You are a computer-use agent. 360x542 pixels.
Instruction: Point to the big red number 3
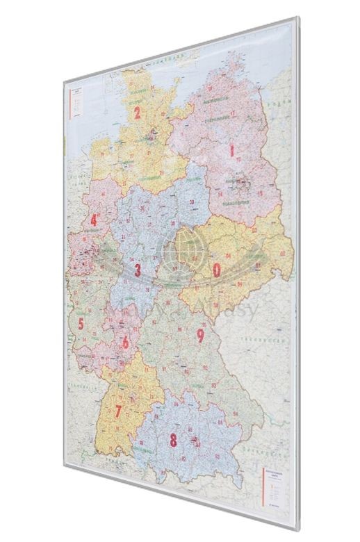click(138, 270)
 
